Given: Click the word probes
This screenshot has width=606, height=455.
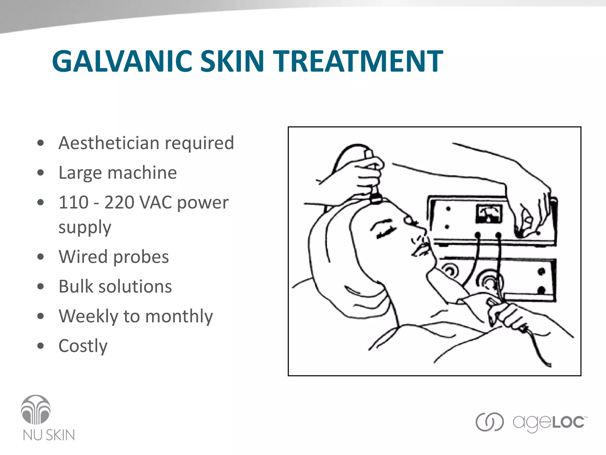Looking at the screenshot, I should tap(141, 257).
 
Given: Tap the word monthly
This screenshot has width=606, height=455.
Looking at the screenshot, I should tap(179, 317).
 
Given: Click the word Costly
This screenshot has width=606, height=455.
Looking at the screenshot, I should tap(83, 346).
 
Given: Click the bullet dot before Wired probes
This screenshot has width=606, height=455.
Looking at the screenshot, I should tap(41, 257).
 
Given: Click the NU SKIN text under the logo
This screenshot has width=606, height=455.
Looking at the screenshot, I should tap(49, 435).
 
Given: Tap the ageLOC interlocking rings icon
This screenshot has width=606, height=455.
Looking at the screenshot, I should tap(489, 422).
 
